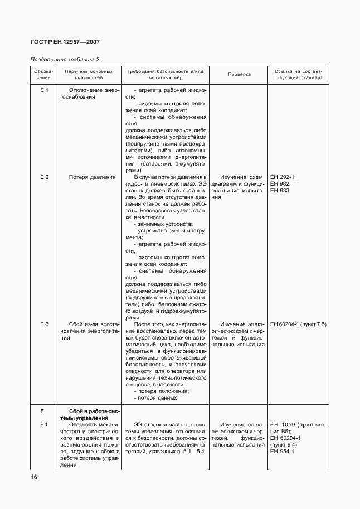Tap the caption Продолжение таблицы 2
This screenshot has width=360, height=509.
[x=65, y=59]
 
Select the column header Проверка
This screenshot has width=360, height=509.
[x=240, y=75]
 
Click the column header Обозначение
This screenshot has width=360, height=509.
[x=43, y=75]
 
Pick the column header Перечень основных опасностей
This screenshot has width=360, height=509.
[x=89, y=75]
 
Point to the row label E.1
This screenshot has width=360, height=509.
[x=45, y=90]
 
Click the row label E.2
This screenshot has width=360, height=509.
[x=45, y=177]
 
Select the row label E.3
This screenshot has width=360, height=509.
[x=45, y=324]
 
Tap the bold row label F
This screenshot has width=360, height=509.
[x=42, y=411]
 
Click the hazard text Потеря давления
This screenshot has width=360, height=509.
[x=93, y=177]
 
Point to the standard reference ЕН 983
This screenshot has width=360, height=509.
[x=280, y=191]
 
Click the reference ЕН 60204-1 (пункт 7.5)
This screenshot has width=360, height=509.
[x=298, y=324]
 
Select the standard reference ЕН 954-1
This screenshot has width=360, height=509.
[x=282, y=452]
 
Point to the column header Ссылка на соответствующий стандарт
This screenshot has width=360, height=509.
[x=298, y=75]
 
